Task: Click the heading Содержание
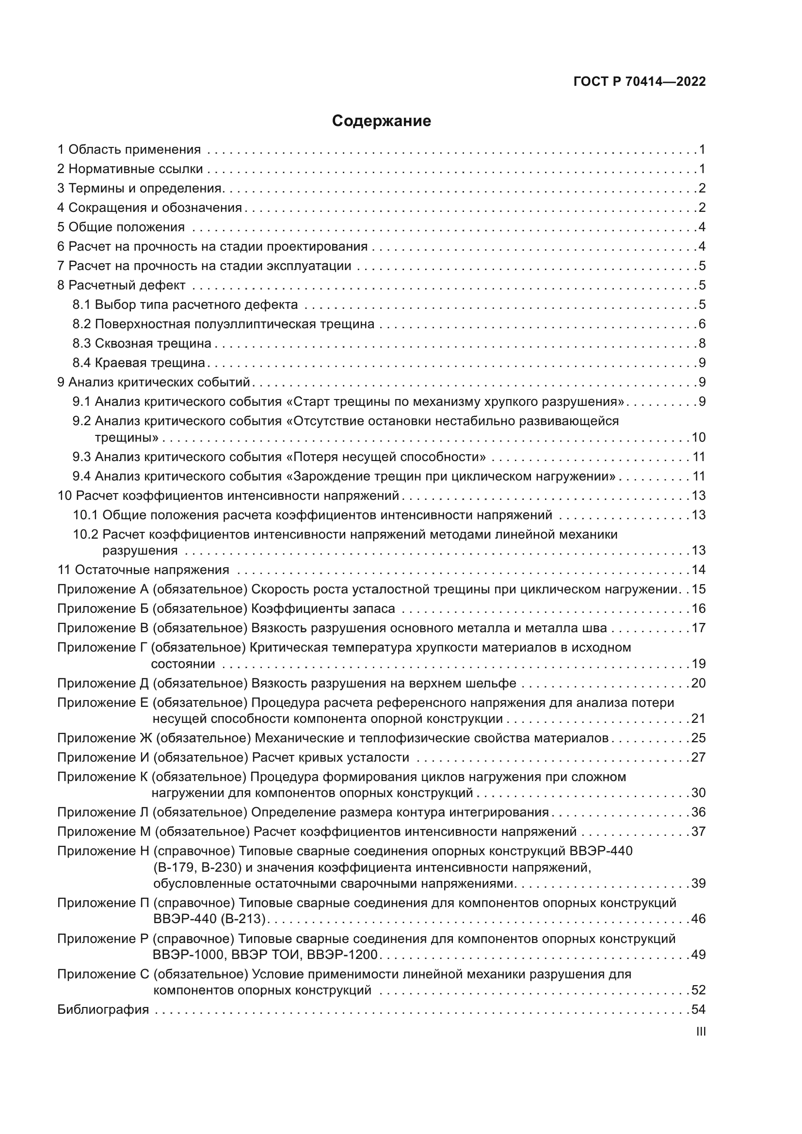381,121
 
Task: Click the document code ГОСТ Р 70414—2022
640,81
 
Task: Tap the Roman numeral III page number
700,1032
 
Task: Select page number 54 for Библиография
698,1009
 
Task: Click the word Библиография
103,1009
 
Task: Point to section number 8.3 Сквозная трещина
82,343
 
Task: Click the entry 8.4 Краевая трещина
139,363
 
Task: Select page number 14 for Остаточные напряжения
698,570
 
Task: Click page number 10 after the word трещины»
698,438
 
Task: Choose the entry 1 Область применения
129,150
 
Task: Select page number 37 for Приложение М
698,832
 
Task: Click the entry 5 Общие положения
122,227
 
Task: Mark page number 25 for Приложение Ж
698,738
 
